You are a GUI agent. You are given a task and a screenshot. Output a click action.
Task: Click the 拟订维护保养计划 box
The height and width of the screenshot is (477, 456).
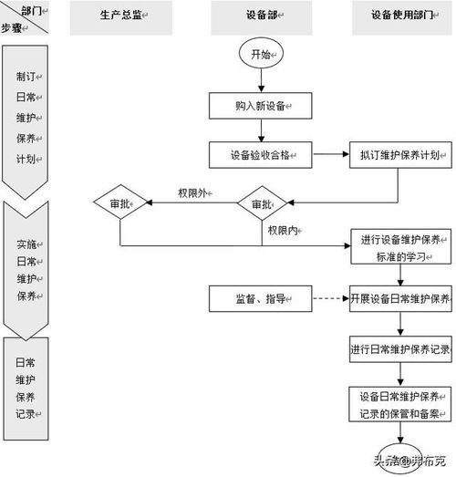point(399,154)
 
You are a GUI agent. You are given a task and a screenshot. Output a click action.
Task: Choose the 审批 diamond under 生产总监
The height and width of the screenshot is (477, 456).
point(120,202)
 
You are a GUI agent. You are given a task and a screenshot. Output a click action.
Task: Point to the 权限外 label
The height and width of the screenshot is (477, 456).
point(193,192)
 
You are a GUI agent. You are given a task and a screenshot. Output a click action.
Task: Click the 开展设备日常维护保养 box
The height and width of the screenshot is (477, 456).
point(399,298)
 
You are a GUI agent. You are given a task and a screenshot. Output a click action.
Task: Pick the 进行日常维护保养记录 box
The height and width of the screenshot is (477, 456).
point(399,349)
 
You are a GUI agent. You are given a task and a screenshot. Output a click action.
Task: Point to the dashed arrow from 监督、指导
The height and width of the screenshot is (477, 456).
point(330,298)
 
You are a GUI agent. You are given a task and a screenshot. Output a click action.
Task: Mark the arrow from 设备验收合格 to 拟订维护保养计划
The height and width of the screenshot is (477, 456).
point(330,154)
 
